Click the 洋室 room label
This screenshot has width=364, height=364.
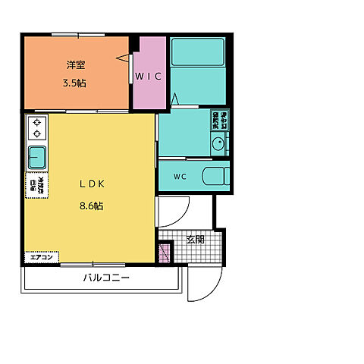pyautogui.click(x=74, y=66)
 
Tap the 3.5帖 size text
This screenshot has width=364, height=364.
pyautogui.click(x=74, y=83)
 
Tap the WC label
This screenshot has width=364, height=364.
pyautogui.click(x=180, y=177)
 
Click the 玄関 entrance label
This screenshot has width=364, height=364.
pyautogui.click(x=195, y=240)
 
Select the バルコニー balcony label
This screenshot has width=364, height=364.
pyautogui.click(x=106, y=278)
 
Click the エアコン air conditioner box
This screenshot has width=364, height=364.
pyautogui.click(x=41, y=258)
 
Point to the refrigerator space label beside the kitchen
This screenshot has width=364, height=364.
pyautogui.click(x=36, y=185)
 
